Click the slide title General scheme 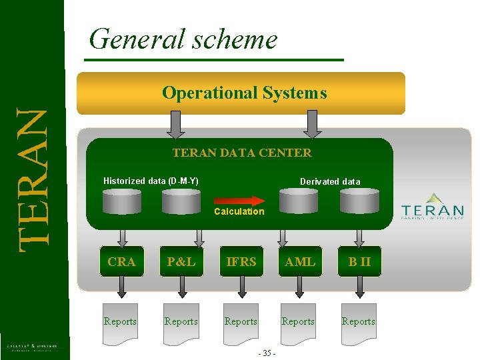183,39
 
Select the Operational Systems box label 244,93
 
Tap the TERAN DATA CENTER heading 241,153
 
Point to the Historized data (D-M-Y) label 151,181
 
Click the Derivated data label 330,181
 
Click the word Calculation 239,211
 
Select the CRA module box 121,262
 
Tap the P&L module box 181,262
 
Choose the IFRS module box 241,262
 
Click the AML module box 299,262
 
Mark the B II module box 359,262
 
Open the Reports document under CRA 121,323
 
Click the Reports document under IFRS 241,323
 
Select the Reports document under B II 359,323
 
